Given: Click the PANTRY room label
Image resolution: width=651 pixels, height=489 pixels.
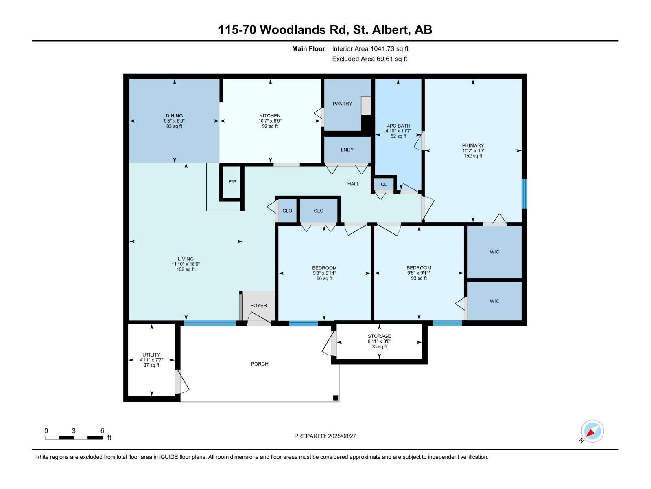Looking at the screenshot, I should pyautogui.click(x=342, y=104).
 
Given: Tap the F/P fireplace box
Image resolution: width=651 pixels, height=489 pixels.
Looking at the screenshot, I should pyautogui.click(x=232, y=182).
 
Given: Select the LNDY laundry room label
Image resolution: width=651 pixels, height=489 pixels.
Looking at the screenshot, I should pyautogui.click(x=347, y=150).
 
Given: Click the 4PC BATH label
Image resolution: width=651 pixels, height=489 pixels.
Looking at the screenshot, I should pyautogui.click(x=398, y=126).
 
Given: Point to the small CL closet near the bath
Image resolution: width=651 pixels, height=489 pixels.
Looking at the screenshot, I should pyautogui.click(x=384, y=184).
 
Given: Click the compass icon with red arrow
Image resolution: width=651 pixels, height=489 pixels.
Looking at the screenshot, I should pyautogui.click(x=592, y=431).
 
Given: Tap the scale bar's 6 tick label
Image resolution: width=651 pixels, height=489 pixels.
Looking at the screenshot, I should pyautogui.click(x=102, y=431).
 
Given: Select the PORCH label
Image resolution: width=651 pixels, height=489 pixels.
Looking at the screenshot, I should pyautogui.click(x=260, y=364).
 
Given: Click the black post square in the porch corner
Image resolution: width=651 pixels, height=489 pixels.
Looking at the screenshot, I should pyautogui.click(x=335, y=398).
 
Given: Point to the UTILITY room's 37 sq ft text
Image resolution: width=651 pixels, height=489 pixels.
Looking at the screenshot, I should pyautogui.click(x=151, y=365).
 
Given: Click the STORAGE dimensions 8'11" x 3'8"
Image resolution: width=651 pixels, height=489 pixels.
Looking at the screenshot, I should pyautogui.click(x=379, y=341).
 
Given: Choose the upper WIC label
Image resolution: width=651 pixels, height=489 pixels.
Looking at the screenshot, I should pyautogui.click(x=494, y=252).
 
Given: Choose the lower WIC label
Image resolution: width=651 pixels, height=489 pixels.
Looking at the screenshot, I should pyautogui.click(x=494, y=301).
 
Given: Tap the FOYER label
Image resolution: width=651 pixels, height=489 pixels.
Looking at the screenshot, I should pyautogui.click(x=258, y=306).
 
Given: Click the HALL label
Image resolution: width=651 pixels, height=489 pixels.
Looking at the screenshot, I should pyautogui.click(x=353, y=184).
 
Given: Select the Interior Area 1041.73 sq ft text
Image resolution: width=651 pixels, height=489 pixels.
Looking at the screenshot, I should pyautogui.click(x=370, y=48).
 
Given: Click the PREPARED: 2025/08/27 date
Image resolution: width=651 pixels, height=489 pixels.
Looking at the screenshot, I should pyautogui.click(x=325, y=436).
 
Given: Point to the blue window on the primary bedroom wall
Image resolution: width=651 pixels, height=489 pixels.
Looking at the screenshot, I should pyautogui.click(x=524, y=194).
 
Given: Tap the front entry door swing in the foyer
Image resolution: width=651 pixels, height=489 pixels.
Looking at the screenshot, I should pyautogui.click(x=259, y=319).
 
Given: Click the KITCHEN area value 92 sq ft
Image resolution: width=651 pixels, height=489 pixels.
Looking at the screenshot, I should pyautogui.click(x=270, y=126).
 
